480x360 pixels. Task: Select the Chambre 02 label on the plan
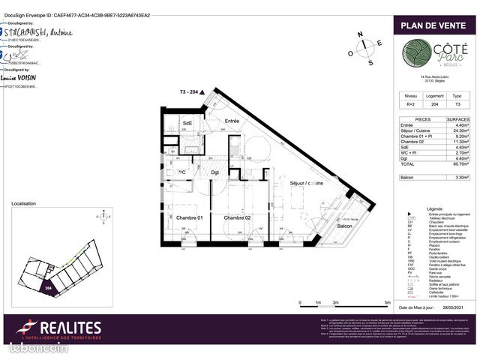tap(236, 217)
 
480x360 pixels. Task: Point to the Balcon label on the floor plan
tap(344, 226)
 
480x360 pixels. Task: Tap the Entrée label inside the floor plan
tap(232, 121)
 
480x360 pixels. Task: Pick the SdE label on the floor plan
tap(187, 123)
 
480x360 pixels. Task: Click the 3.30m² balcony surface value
tap(458, 178)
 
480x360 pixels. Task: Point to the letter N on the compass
tap(360, 34)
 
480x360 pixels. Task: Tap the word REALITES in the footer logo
tap(70, 328)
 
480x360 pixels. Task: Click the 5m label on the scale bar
tap(387, 301)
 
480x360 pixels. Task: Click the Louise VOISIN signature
tap(19, 78)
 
